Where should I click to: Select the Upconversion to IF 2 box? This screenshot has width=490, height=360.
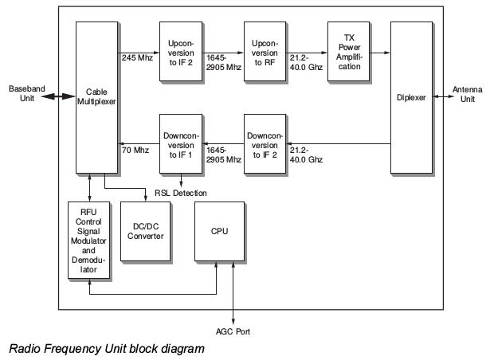coord(181,51)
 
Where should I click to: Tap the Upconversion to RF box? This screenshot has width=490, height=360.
coord(264,51)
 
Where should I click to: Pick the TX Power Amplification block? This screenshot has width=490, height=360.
coord(348,51)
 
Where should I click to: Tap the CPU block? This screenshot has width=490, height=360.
coord(219,231)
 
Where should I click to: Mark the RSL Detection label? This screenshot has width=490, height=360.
coord(181,194)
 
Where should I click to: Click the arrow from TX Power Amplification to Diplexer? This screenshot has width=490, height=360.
coord(381,53)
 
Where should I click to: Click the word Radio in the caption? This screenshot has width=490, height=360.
coord(23,348)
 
